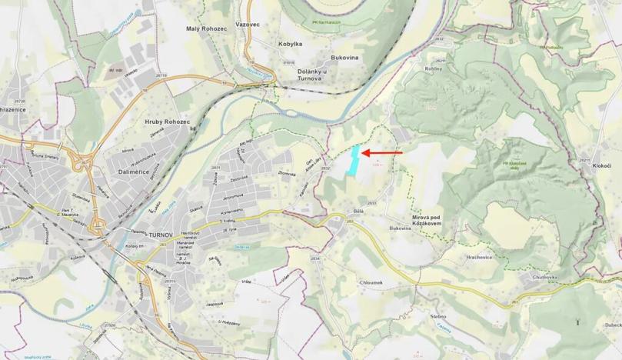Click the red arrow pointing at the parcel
(382, 153)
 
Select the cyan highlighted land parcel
(354, 162)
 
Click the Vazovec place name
(248, 25)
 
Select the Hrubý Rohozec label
(166, 122)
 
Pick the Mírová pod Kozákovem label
(436, 221)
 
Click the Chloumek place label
(371, 282)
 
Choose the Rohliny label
(434, 68)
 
